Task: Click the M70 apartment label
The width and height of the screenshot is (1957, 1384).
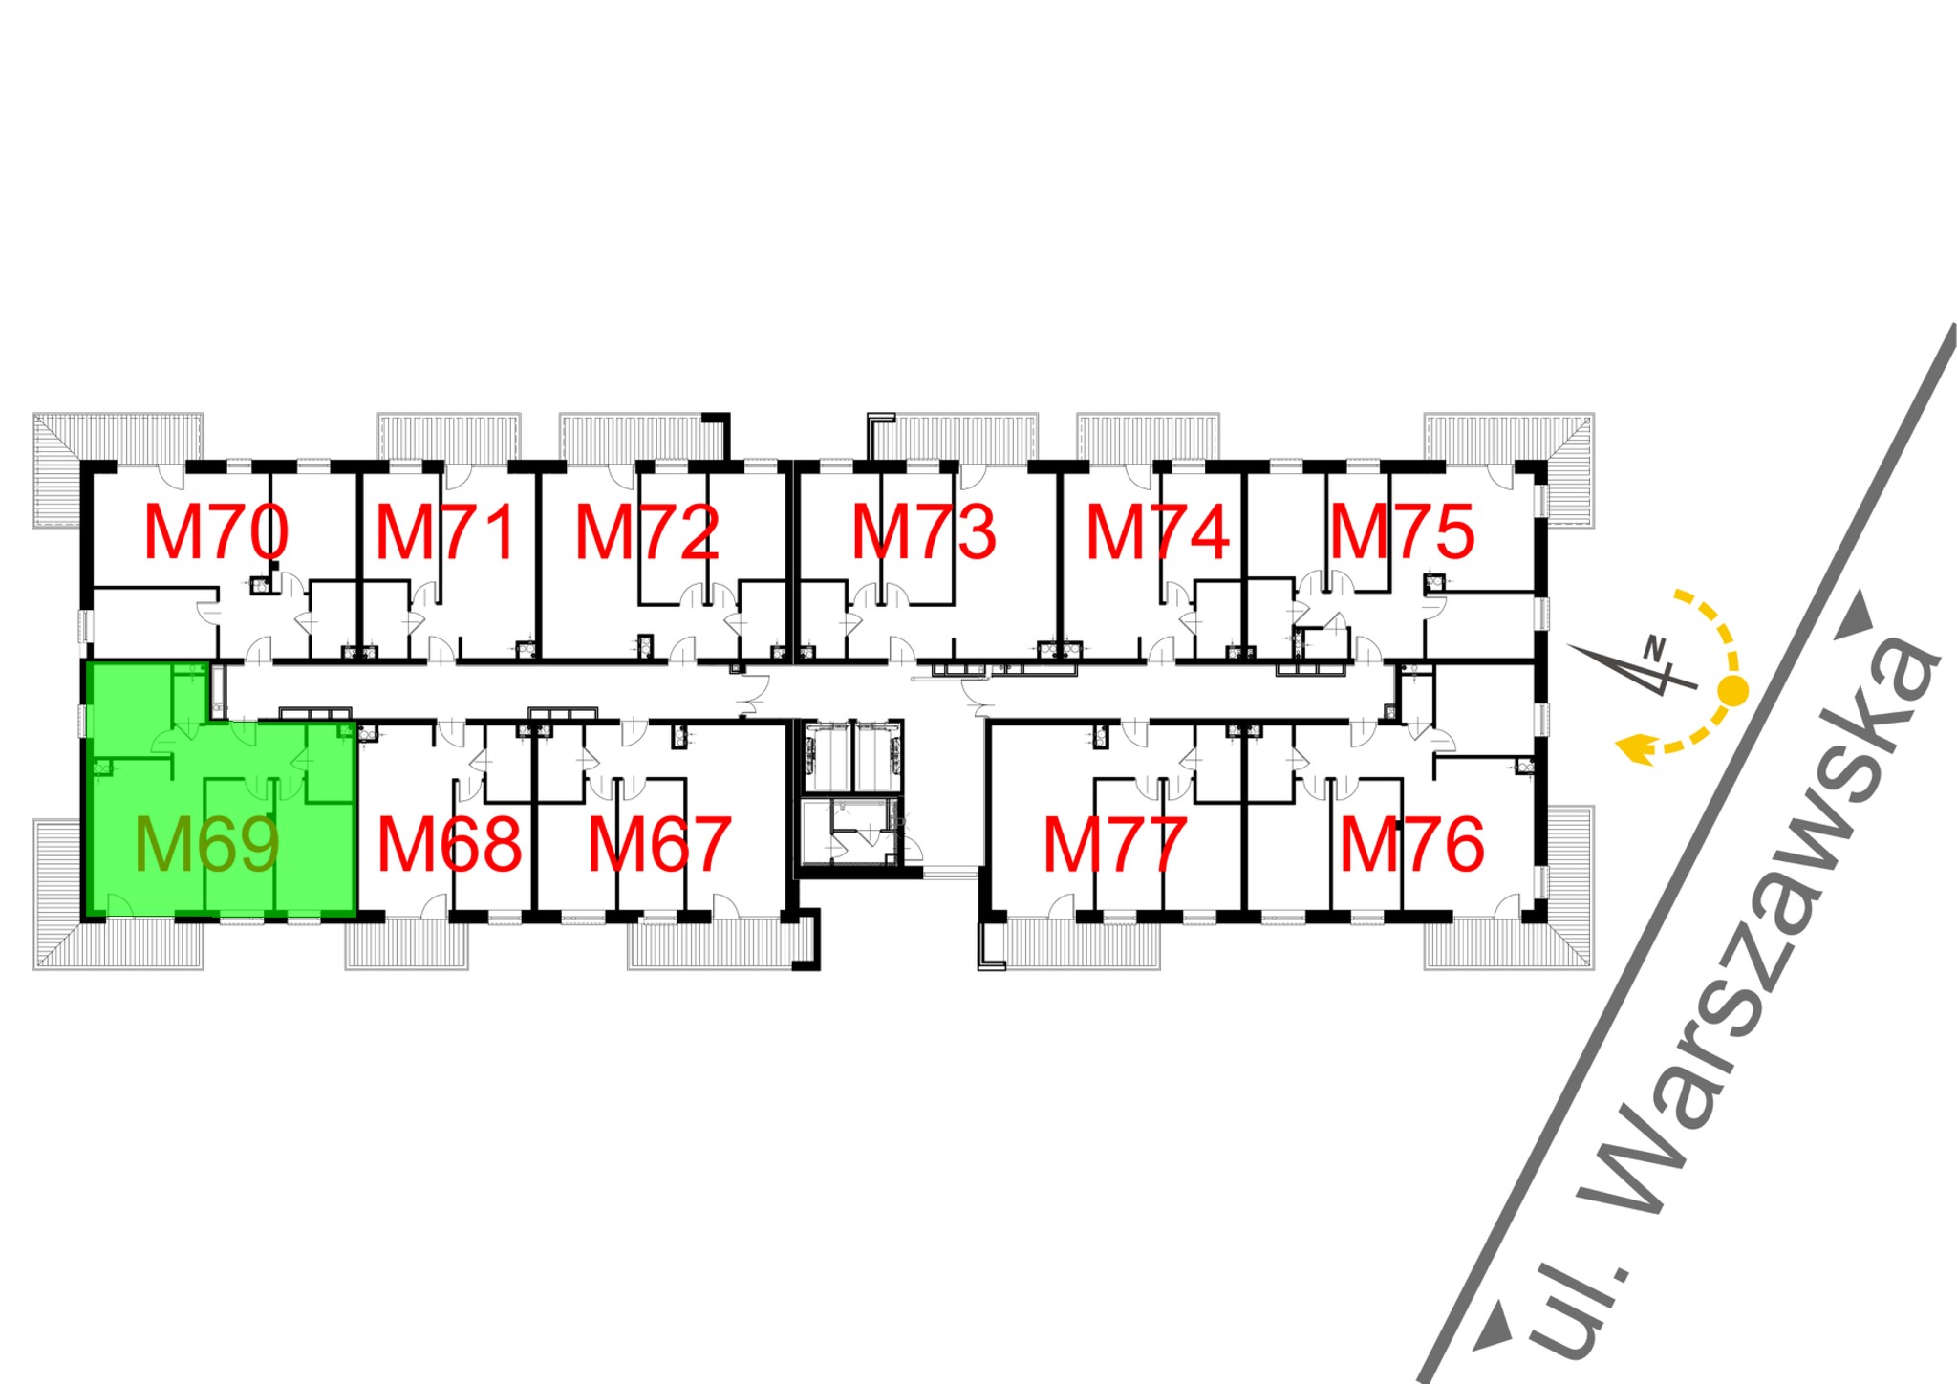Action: tap(216, 532)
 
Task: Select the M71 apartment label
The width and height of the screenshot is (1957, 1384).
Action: tap(445, 532)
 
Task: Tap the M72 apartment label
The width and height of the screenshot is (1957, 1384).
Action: tap(647, 532)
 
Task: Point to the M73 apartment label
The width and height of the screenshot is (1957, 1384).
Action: tap(924, 532)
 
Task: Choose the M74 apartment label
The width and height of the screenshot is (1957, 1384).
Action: tap(1157, 532)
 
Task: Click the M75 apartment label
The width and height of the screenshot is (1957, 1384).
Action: tap(1402, 532)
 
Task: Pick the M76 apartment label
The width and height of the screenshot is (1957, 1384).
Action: tap(1411, 845)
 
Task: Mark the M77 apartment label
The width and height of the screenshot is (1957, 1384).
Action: tap(1115, 845)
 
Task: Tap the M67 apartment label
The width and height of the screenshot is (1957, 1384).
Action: tap(659, 845)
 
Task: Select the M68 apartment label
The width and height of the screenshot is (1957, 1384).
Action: tap(450, 845)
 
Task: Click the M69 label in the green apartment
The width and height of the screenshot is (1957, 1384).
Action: tap(207, 845)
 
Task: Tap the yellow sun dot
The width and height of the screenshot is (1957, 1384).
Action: tap(1733, 689)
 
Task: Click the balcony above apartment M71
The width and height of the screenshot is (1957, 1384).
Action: tap(449, 437)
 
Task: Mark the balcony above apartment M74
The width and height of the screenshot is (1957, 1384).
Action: tap(1148, 437)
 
